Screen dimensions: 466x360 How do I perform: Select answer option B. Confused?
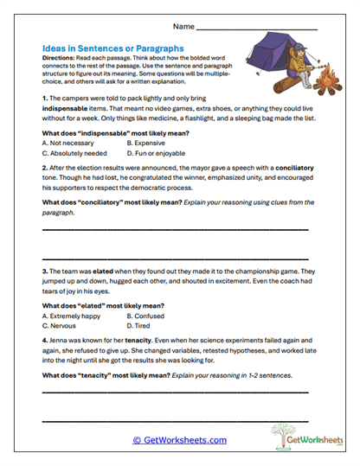(146, 316)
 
